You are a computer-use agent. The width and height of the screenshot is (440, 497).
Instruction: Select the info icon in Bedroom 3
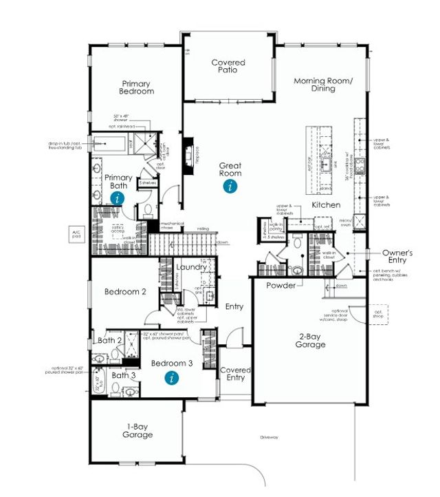171,377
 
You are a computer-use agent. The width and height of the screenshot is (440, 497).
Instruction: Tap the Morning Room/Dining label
323,85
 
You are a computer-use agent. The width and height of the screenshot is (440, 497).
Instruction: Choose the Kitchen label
327,206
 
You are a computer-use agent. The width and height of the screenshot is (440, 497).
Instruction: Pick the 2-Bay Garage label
311,340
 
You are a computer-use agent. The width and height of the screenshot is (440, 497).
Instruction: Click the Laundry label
187,266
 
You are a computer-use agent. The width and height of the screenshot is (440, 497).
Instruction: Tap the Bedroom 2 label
125,291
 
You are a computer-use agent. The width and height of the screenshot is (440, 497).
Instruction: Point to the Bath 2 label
110,340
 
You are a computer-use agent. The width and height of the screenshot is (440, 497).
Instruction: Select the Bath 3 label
124,375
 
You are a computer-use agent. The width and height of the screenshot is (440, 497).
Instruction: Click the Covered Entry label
235,374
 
